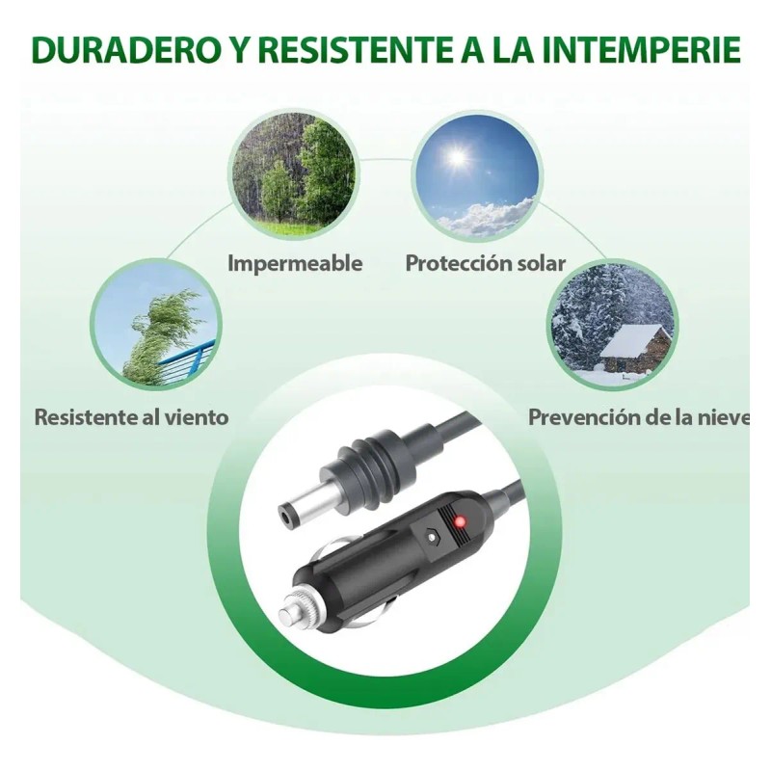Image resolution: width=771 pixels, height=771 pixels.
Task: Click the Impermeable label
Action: click(x=295, y=263)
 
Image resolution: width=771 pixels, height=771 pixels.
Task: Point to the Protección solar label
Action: click(x=485, y=263)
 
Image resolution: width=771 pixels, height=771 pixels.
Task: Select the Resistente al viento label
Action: click(x=132, y=417)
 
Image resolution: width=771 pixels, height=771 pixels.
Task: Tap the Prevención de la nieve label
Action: click(x=638, y=417)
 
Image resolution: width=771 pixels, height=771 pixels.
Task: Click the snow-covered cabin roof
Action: click(x=636, y=339)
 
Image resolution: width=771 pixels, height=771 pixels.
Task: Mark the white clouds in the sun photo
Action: click(x=492, y=217)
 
